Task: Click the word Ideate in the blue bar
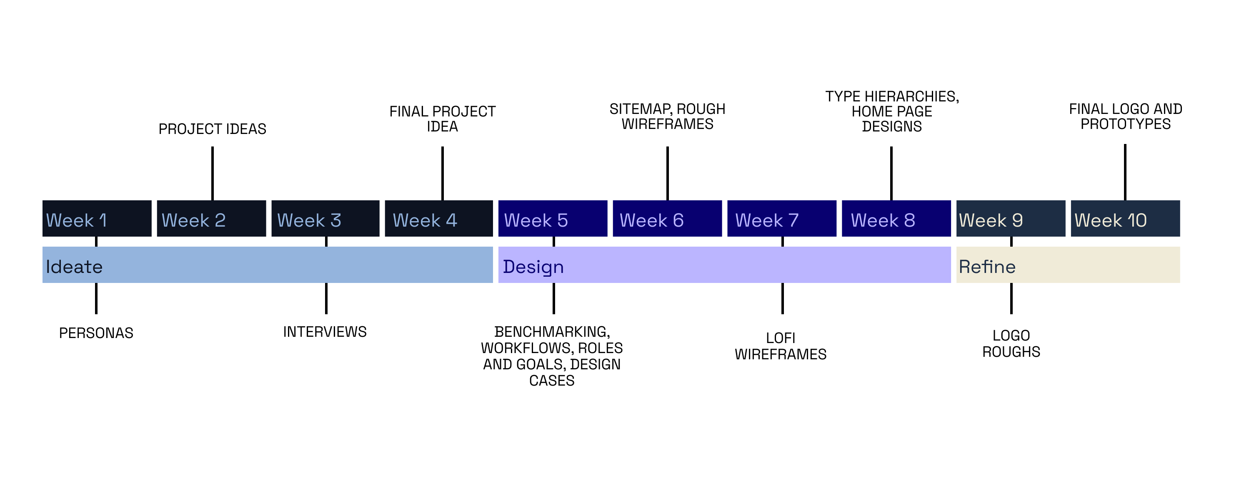[74, 267]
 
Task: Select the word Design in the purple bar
[533, 267]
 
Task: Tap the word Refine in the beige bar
[987, 267]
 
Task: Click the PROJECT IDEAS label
[212, 129]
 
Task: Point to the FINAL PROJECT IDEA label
[442, 119]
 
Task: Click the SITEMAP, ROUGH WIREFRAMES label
[667, 116]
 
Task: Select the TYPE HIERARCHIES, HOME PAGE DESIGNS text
[891, 111]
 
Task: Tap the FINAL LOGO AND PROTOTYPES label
[1125, 116]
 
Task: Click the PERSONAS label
[96, 333]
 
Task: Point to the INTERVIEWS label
[325, 332]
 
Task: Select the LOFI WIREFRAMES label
[780, 346]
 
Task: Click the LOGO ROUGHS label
[1011, 343]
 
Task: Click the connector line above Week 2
[212, 173]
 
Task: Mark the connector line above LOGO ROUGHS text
[1011, 298]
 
